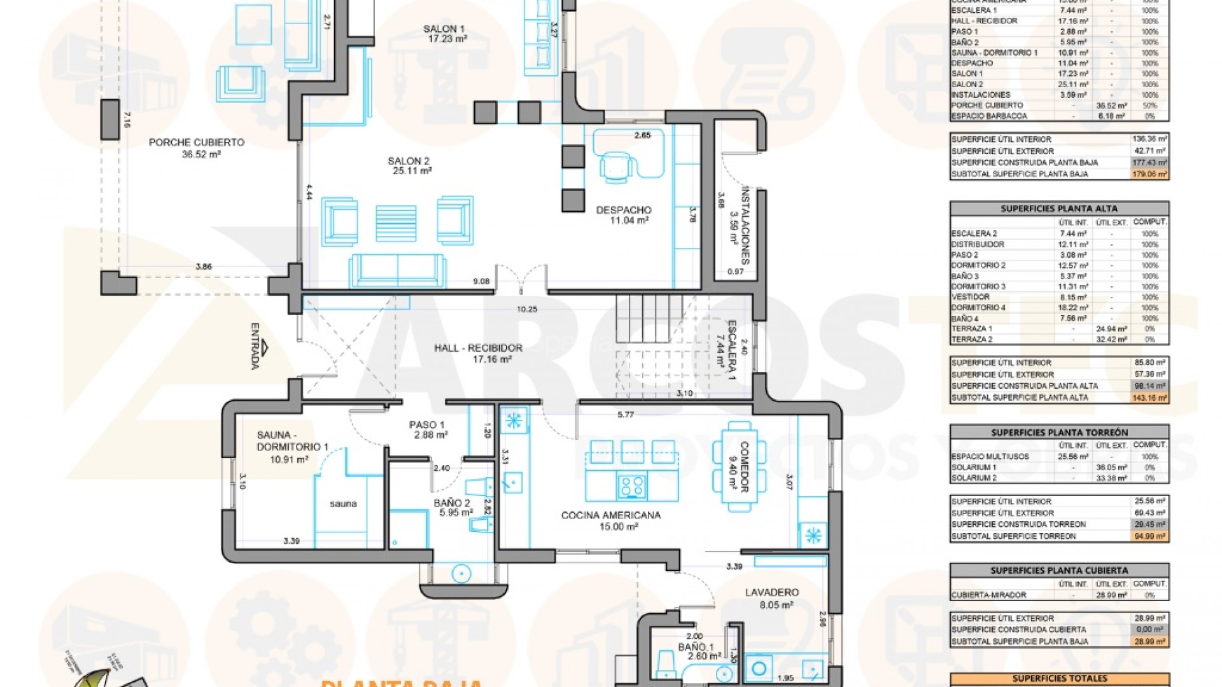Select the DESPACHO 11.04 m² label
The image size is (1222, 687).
624,215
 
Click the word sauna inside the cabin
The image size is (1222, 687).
343,504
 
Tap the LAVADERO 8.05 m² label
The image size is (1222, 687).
771,598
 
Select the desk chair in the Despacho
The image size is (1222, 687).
616,166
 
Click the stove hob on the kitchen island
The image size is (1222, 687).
632,487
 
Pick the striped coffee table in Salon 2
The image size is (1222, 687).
396,223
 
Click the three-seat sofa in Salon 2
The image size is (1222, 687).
397,271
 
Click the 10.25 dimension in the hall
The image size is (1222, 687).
527,309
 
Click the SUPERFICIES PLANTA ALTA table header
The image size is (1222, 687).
1059,209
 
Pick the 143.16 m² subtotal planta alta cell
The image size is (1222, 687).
1150,398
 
